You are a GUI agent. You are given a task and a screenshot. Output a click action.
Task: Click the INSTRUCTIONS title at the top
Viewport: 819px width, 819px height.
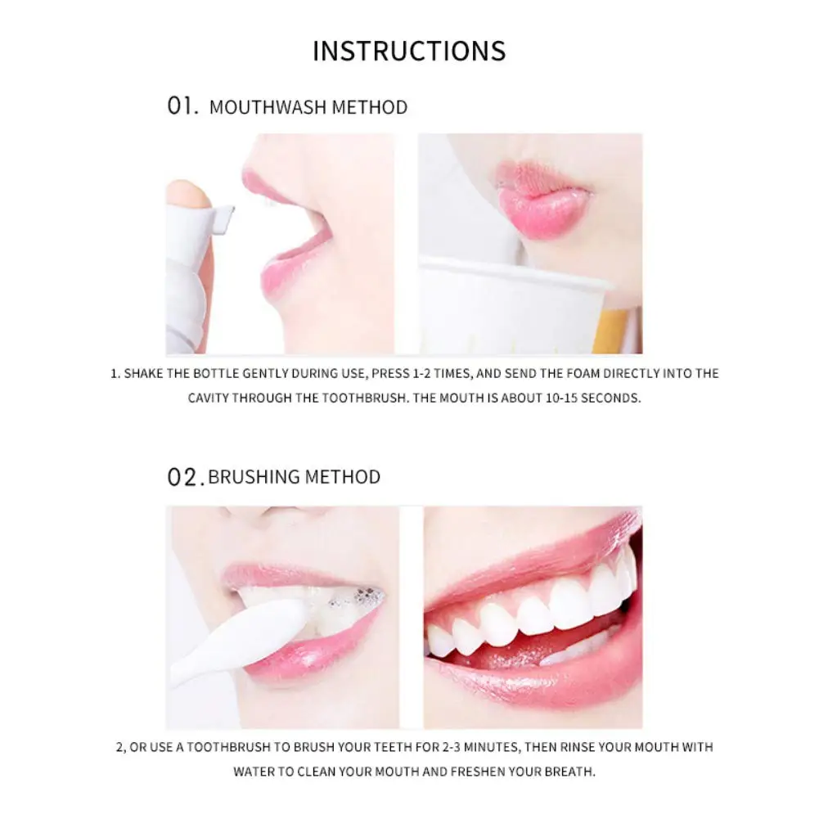click(x=409, y=51)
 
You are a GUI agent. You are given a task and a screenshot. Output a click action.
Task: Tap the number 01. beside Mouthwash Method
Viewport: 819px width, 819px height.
click(x=183, y=106)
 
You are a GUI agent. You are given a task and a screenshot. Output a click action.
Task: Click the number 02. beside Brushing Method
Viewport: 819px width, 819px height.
click(x=185, y=477)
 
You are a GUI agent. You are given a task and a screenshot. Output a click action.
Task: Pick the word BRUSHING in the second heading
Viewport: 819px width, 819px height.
click(x=250, y=477)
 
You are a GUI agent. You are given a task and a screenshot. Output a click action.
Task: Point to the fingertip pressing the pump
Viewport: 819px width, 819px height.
click(x=186, y=193)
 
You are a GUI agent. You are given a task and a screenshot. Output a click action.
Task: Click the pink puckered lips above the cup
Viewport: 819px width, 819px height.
click(x=544, y=200)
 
